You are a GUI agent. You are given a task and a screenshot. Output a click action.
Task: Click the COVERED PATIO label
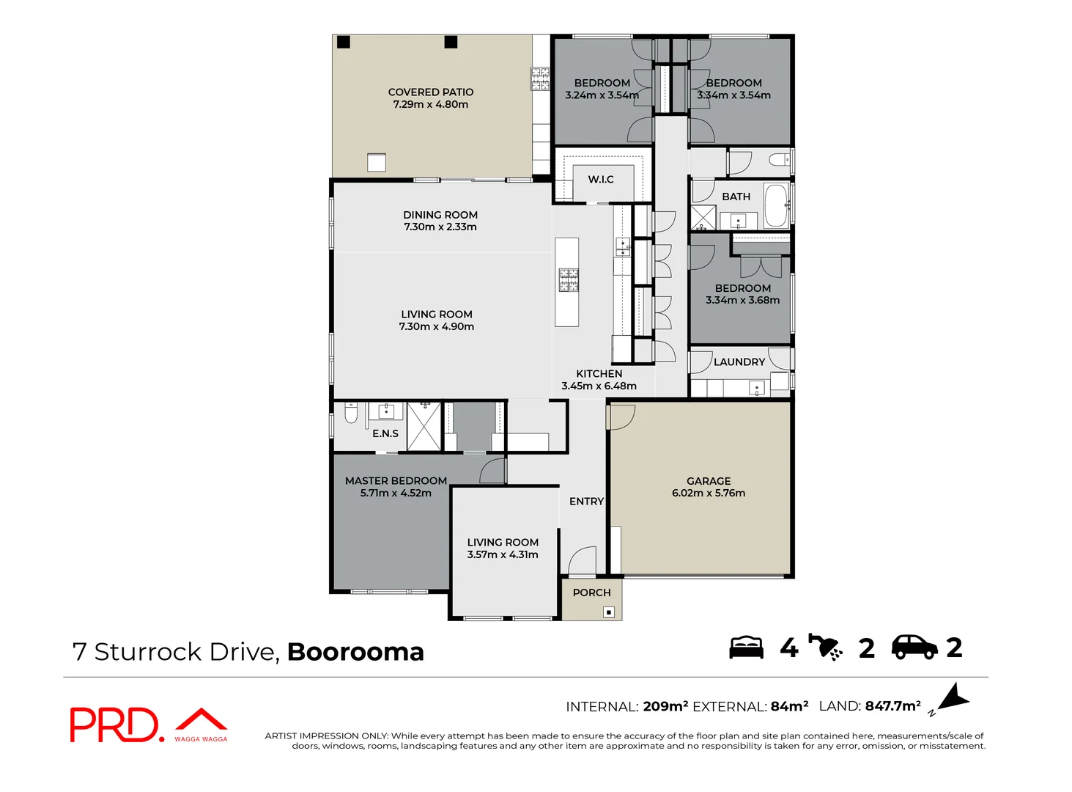point(431,92)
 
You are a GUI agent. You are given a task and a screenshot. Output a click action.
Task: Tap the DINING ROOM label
point(440,215)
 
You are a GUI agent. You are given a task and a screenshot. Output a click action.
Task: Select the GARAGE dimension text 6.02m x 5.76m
point(708,494)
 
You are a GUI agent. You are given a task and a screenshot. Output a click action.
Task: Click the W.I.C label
point(601,180)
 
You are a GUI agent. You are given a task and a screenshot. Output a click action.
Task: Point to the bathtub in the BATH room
point(775,206)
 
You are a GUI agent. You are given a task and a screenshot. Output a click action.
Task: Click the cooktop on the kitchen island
point(568,279)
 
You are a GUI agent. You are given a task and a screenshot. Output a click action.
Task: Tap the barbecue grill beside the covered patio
point(540,78)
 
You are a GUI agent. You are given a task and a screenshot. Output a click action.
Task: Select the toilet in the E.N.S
point(351,415)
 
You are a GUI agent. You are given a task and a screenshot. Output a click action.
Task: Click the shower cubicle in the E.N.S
point(424,426)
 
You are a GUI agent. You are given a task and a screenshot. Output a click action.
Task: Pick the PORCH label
point(591,593)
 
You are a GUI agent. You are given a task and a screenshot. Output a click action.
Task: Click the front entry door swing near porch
point(583,561)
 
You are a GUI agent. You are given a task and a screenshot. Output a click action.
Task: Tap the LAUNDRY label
point(739,362)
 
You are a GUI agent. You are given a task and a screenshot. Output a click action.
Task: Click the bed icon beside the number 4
point(746,648)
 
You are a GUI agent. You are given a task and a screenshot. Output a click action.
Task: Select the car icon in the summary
point(914,647)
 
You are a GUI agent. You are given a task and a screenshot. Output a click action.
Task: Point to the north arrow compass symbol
point(953,698)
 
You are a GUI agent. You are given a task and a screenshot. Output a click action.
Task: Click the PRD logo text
point(114,725)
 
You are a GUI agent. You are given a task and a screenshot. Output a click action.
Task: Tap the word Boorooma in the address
point(355,652)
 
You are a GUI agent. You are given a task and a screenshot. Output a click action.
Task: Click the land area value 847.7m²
point(892,706)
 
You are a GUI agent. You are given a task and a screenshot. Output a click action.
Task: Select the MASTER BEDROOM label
point(396,481)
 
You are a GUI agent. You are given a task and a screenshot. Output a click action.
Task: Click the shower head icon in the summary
point(826,647)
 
